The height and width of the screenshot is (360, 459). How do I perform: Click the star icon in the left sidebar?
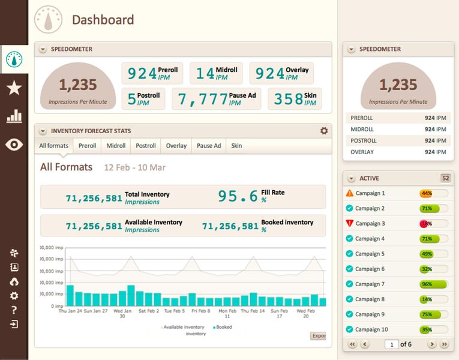click(14, 89)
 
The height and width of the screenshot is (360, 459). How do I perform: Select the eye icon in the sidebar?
click(14, 145)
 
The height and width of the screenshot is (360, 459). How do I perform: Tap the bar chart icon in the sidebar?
click(14, 116)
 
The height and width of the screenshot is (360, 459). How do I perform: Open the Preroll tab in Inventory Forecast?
click(87, 146)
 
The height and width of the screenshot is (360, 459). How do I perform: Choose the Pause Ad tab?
click(209, 146)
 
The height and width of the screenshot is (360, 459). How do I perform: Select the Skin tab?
click(236, 146)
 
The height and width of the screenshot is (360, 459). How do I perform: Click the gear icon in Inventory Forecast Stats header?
click(324, 131)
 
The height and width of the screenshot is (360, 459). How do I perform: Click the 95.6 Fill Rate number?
click(238, 196)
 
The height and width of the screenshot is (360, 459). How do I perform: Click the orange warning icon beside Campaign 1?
click(350, 193)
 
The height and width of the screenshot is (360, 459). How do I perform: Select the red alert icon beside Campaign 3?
click(350, 223)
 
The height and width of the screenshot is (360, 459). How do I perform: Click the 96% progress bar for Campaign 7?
click(433, 284)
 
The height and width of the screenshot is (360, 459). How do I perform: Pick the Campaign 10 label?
click(371, 329)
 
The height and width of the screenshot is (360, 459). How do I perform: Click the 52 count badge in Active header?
click(445, 178)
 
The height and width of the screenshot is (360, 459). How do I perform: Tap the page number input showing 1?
click(391, 344)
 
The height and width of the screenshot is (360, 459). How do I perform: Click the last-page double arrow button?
click(444, 344)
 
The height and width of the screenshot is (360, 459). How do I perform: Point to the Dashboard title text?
click(103, 20)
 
